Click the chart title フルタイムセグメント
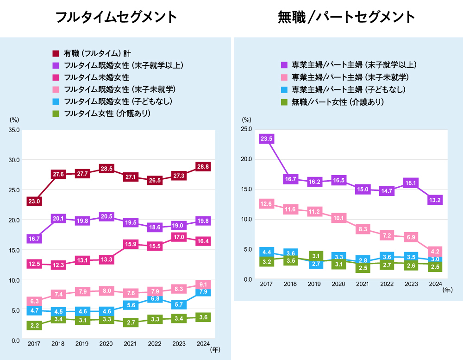[x=116, y=17]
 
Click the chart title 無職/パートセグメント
[x=347, y=17]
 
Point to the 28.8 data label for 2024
[x=203, y=166]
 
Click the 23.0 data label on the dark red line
[x=34, y=201]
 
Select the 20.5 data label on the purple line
[x=106, y=216]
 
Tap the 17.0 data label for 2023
[x=179, y=237]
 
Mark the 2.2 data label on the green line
[x=34, y=326]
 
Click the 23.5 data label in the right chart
[x=267, y=139]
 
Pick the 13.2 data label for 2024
[x=435, y=200]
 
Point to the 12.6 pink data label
[x=267, y=204]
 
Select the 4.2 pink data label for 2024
[x=435, y=252]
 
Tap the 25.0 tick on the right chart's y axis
[x=246, y=129]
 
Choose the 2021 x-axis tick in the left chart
[x=131, y=344]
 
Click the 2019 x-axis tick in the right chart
[x=315, y=284]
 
